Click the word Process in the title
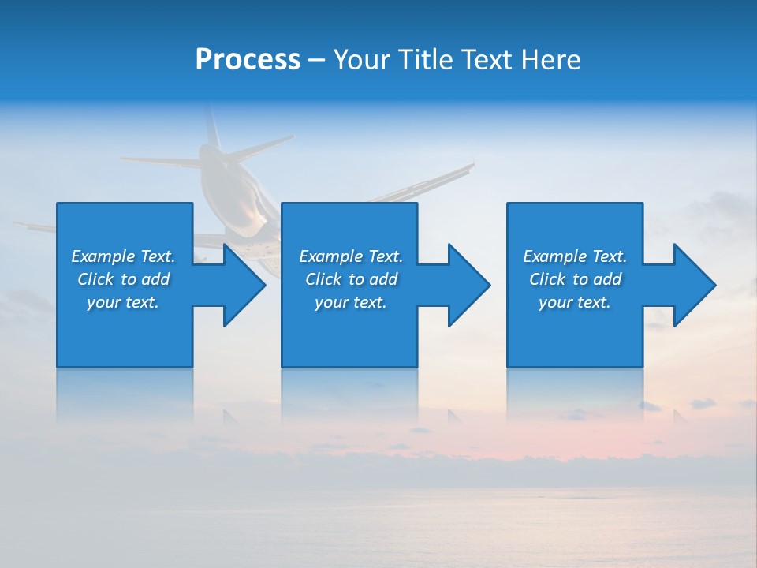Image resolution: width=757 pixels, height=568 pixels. [248, 60]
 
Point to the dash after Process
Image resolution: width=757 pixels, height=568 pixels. [317, 61]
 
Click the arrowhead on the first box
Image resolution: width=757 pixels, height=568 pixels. [244, 285]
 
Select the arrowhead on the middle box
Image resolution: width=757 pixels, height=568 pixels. [468, 285]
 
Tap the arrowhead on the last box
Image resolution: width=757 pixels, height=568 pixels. [694, 285]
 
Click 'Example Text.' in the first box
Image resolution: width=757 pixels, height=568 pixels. [123, 256]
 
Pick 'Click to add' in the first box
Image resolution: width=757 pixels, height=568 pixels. [123, 279]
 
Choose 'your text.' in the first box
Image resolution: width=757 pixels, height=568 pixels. [123, 302]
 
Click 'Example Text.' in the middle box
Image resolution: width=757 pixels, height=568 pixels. [351, 256]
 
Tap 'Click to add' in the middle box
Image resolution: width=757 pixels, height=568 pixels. [351, 279]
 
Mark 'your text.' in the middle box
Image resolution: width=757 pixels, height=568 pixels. [351, 302]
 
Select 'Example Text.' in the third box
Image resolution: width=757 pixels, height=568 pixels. [575, 256]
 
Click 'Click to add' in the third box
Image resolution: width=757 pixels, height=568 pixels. [575, 279]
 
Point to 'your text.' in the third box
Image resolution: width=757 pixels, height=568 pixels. [575, 302]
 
